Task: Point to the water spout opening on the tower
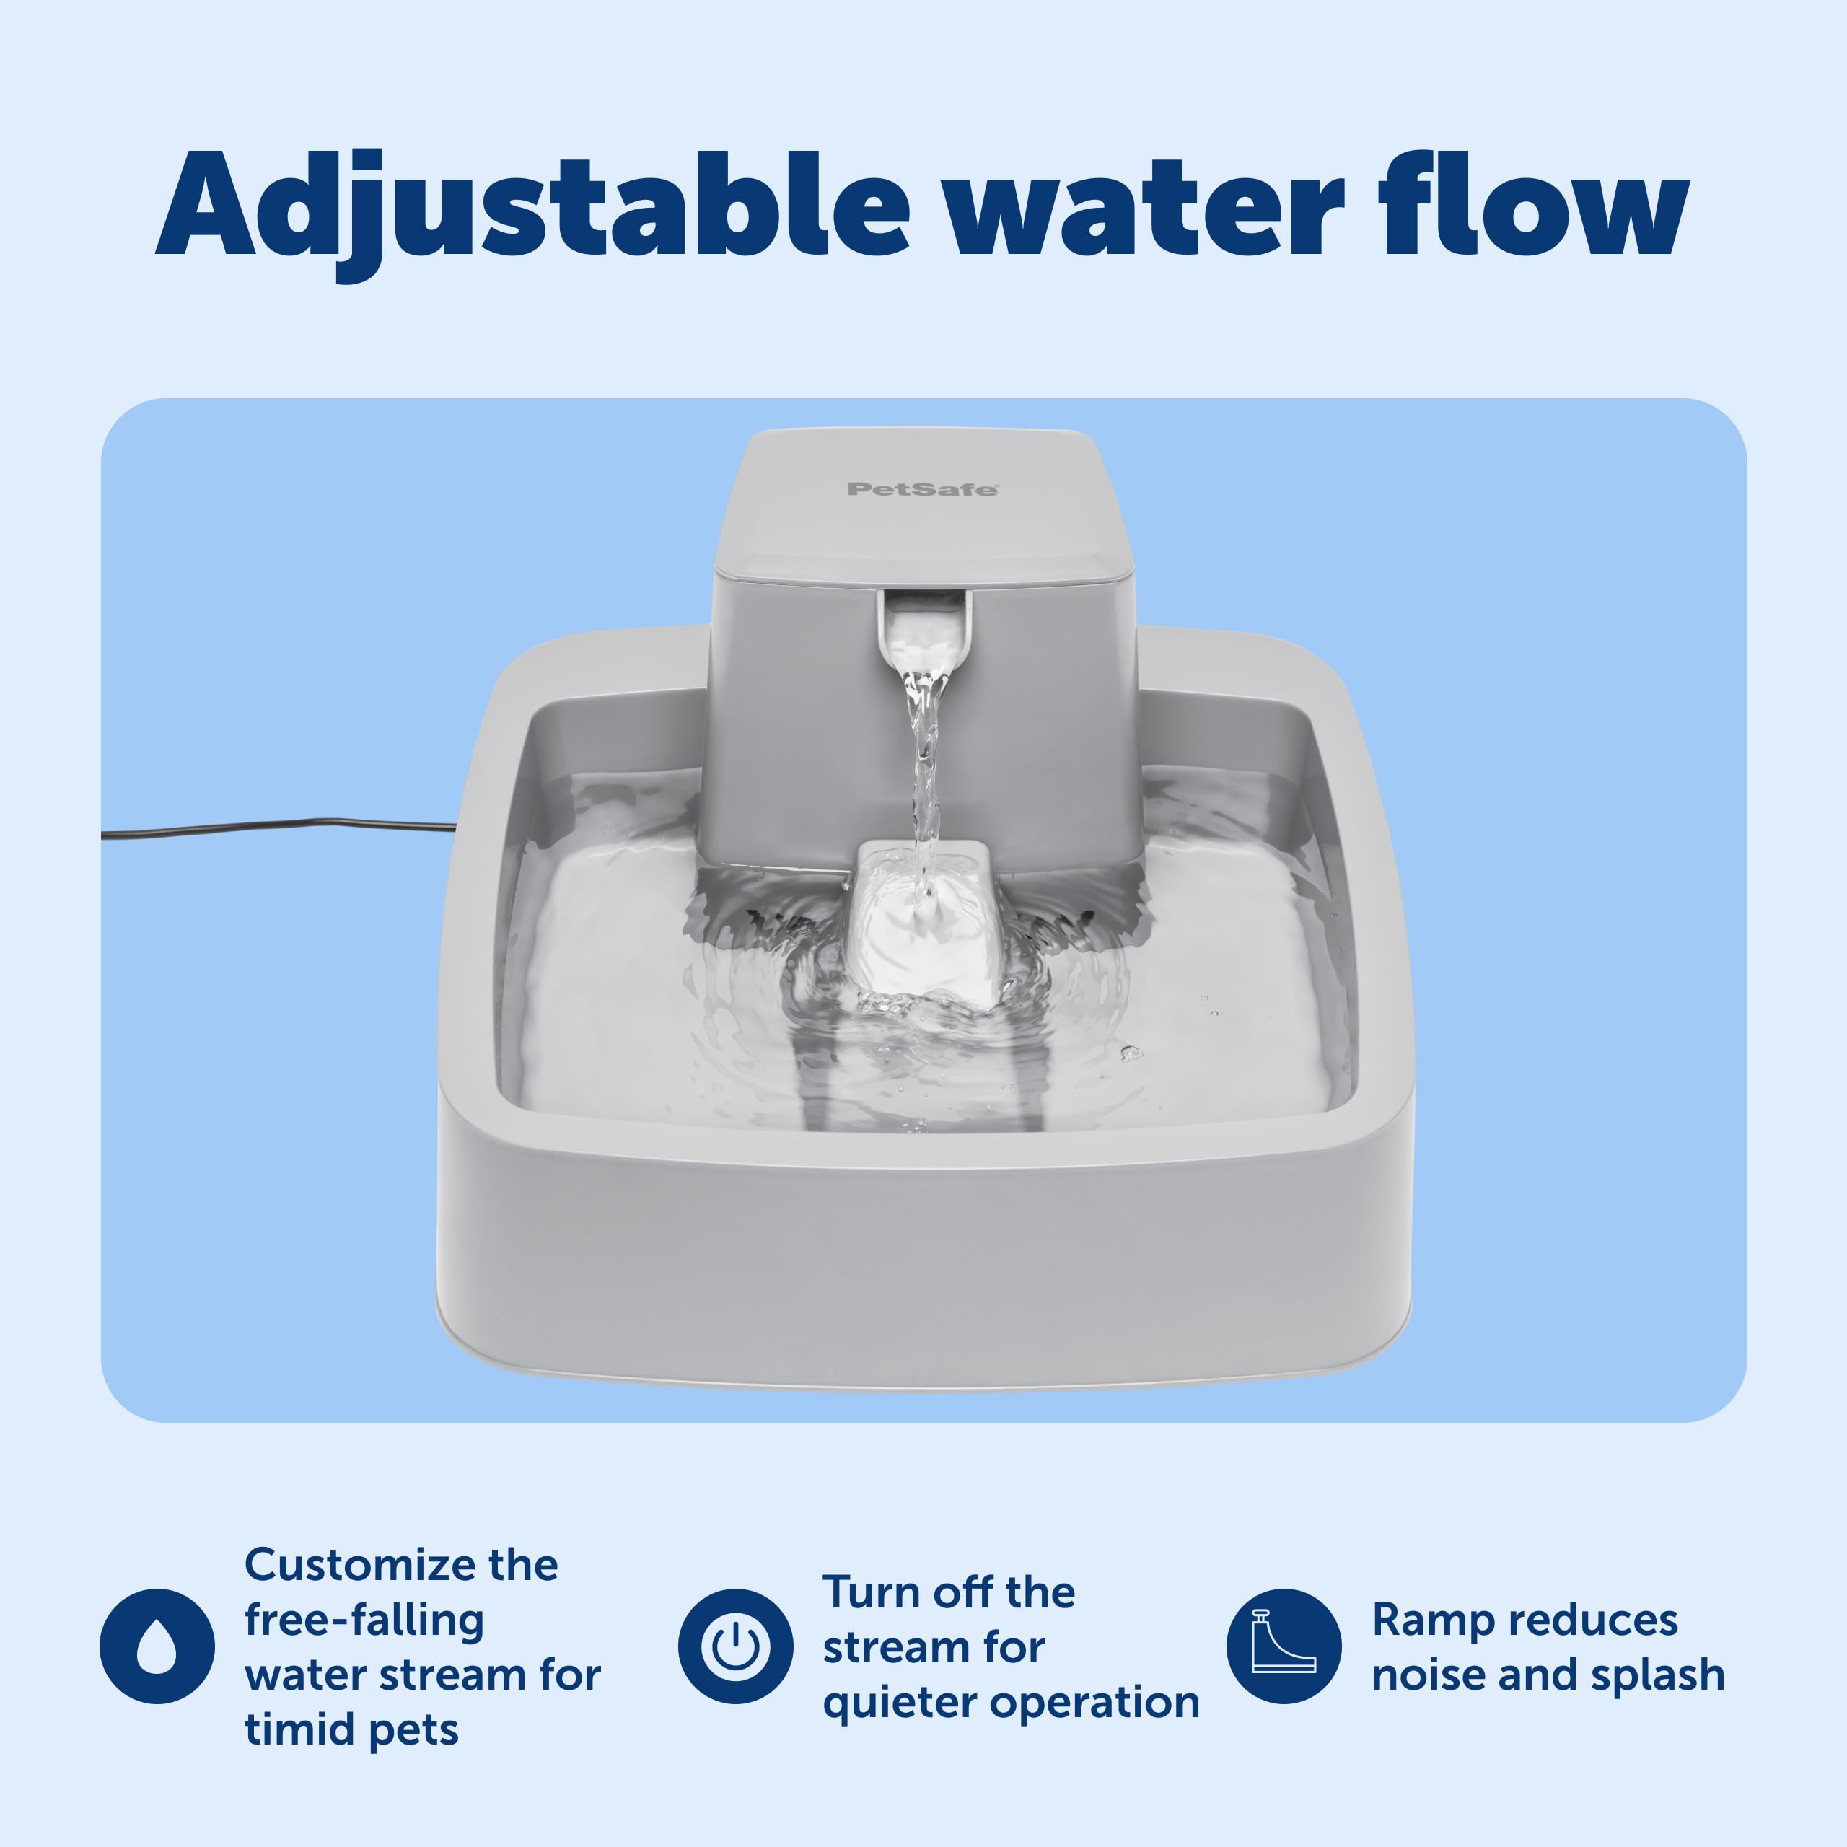(x=923, y=627)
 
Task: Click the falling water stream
(x=923, y=765)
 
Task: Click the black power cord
(x=277, y=827)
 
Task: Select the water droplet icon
(x=157, y=1646)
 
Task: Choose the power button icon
(x=735, y=1646)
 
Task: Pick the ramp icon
(x=1284, y=1646)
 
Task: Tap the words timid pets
(x=352, y=1729)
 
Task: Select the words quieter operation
(x=1011, y=1702)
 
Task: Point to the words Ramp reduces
(x=1524, y=1620)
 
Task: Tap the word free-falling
(x=364, y=1620)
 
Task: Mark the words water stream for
(x=423, y=1675)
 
